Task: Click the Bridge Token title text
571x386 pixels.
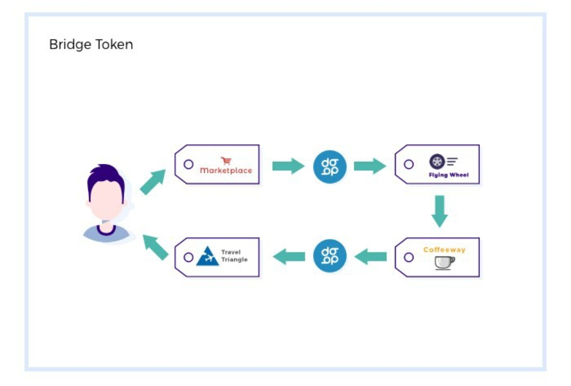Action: click(x=91, y=44)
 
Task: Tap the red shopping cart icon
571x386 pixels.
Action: click(x=226, y=161)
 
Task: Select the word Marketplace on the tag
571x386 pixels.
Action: click(x=226, y=171)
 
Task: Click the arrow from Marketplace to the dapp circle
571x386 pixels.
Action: click(x=288, y=166)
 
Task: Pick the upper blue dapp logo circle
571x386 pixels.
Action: click(x=330, y=167)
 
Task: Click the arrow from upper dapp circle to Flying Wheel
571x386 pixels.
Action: click(x=370, y=166)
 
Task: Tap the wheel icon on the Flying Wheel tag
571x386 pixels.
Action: click(x=437, y=162)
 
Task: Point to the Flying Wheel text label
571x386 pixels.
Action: click(x=448, y=175)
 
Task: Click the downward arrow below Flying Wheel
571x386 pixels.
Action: click(x=439, y=211)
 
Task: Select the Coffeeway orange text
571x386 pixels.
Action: click(x=444, y=250)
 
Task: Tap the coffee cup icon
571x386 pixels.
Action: click(x=444, y=263)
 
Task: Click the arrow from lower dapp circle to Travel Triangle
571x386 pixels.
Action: click(x=289, y=257)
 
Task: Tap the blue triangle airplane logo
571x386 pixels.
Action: click(x=207, y=256)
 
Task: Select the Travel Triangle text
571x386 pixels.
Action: click(x=234, y=256)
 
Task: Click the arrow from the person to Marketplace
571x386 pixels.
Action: click(x=153, y=182)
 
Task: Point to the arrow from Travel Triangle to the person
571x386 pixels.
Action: click(x=156, y=247)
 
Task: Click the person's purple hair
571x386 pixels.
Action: click(x=106, y=177)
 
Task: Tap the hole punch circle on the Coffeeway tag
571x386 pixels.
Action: click(x=409, y=257)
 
